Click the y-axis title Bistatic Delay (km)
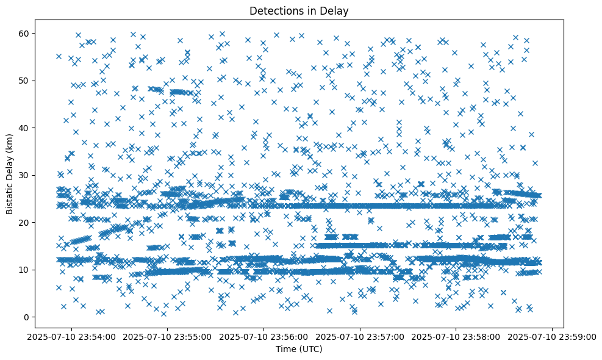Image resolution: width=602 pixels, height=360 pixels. coord(10,174)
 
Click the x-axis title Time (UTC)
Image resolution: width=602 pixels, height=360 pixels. coord(299,349)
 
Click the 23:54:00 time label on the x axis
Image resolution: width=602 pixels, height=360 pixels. coord(71,336)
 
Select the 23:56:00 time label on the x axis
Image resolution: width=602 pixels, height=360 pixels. coord(264,336)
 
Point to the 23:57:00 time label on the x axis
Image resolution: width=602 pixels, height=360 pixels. coord(360,336)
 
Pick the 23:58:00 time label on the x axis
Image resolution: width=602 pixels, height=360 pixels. coord(456,336)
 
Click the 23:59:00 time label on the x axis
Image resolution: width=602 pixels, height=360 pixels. coord(553,336)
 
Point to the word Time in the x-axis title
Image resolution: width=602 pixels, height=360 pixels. coord(285,349)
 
